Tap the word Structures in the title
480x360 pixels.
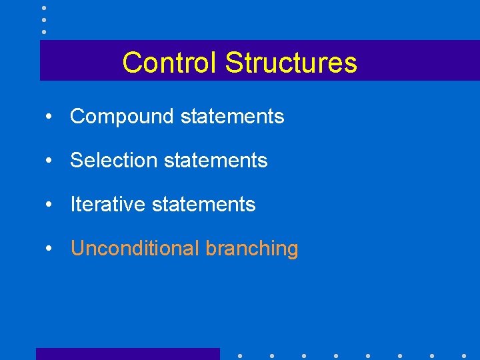click(291, 63)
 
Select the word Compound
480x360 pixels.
click(122, 117)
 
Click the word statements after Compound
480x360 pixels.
click(232, 117)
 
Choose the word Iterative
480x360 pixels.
click(108, 205)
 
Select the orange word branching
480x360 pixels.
click(252, 249)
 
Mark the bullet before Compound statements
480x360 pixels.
click(49, 117)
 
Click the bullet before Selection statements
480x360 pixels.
click(49, 161)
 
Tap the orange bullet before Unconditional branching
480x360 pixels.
click(49, 249)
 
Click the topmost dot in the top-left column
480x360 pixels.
click(44, 8)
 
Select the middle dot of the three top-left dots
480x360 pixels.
click(44, 20)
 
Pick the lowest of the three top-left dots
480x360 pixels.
click(44, 31)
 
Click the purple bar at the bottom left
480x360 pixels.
click(127, 354)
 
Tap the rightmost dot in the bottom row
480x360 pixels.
click(464, 355)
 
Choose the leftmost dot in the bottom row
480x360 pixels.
click(239, 355)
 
